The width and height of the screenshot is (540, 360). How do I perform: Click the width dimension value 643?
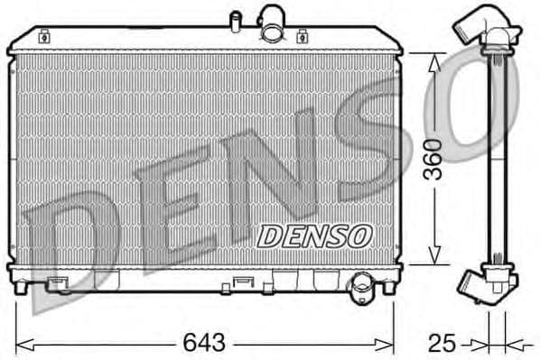[x=205, y=344]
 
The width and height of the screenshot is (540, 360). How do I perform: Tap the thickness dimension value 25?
[x=442, y=344]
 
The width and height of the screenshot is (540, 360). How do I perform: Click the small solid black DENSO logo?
[x=314, y=235]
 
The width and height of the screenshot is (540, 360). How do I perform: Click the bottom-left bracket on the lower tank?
[x=60, y=283]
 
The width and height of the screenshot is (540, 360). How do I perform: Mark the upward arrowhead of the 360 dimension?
[x=433, y=61]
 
